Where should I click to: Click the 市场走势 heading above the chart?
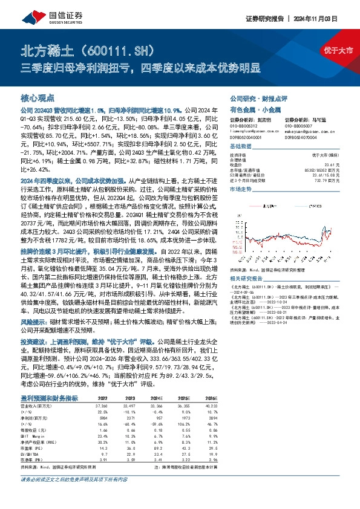click(241, 190)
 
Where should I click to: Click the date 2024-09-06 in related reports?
click(246, 291)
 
